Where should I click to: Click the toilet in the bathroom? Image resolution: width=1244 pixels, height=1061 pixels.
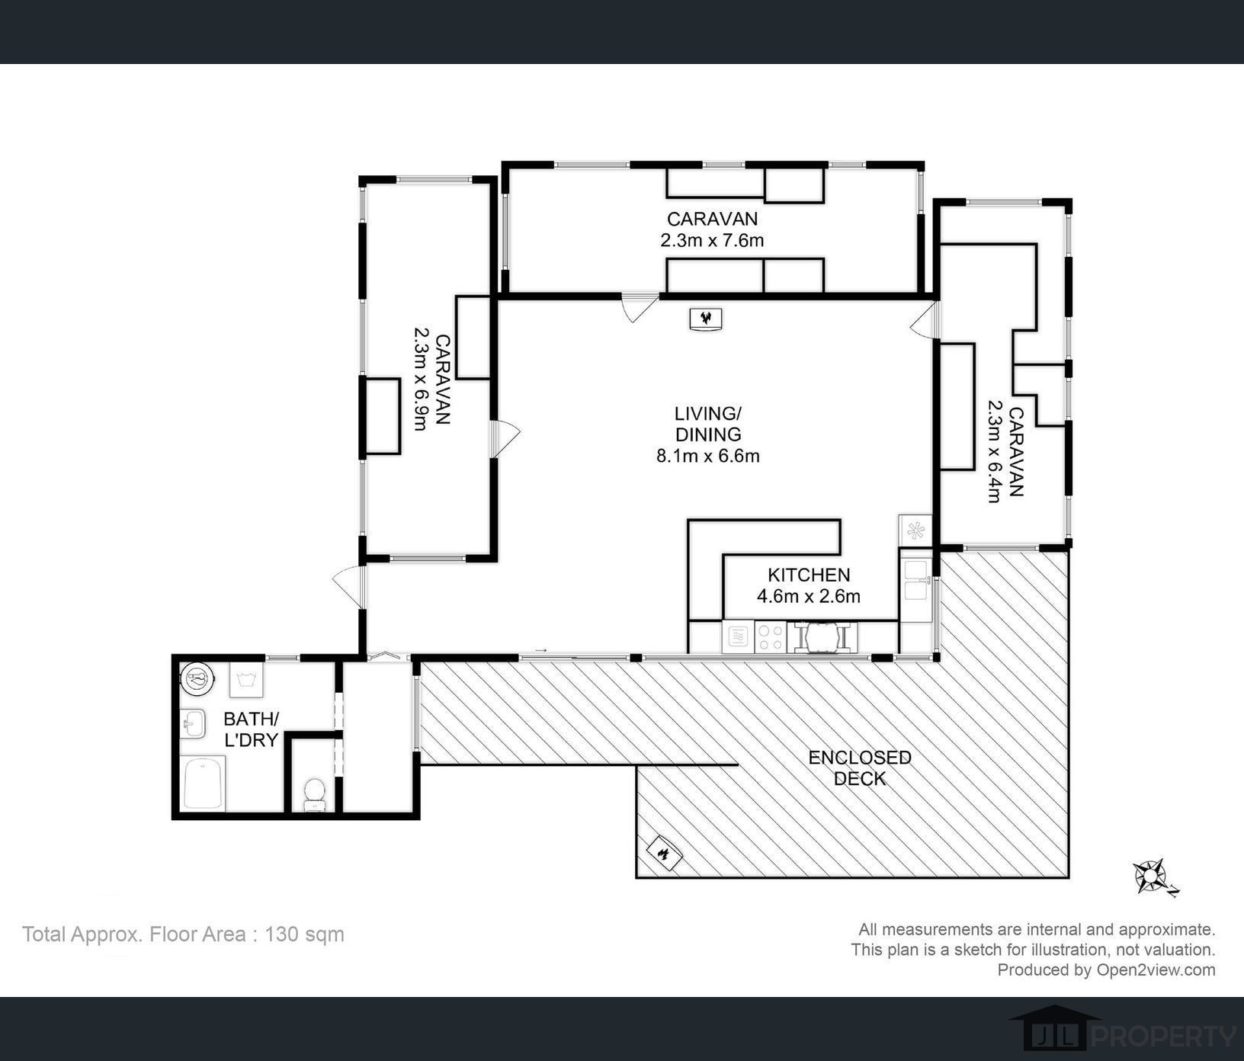(x=314, y=794)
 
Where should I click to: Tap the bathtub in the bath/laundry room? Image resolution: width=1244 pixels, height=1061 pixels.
(x=204, y=784)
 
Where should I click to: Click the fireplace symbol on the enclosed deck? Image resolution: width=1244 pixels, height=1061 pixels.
(x=664, y=853)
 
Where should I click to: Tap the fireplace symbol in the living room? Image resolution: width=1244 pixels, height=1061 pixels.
(x=706, y=319)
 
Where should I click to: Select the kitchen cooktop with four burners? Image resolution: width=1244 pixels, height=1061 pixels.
(x=770, y=636)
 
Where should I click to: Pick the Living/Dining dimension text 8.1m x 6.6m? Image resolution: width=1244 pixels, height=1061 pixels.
(x=707, y=457)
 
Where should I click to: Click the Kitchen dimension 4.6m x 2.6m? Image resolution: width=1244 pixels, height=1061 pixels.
(x=808, y=596)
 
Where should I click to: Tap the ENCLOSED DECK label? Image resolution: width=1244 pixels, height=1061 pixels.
(x=860, y=768)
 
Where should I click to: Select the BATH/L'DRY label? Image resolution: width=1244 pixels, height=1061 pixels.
(x=250, y=729)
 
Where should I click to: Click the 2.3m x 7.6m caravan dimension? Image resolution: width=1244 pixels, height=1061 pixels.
(x=712, y=241)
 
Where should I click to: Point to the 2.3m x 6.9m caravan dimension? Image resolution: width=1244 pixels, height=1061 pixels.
(x=421, y=379)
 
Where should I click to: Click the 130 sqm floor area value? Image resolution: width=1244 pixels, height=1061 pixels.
(x=303, y=934)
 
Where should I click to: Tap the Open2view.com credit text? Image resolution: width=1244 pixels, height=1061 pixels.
(x=1156, y=970)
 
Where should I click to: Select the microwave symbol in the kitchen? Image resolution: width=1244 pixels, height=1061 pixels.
(x=738, y=636)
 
